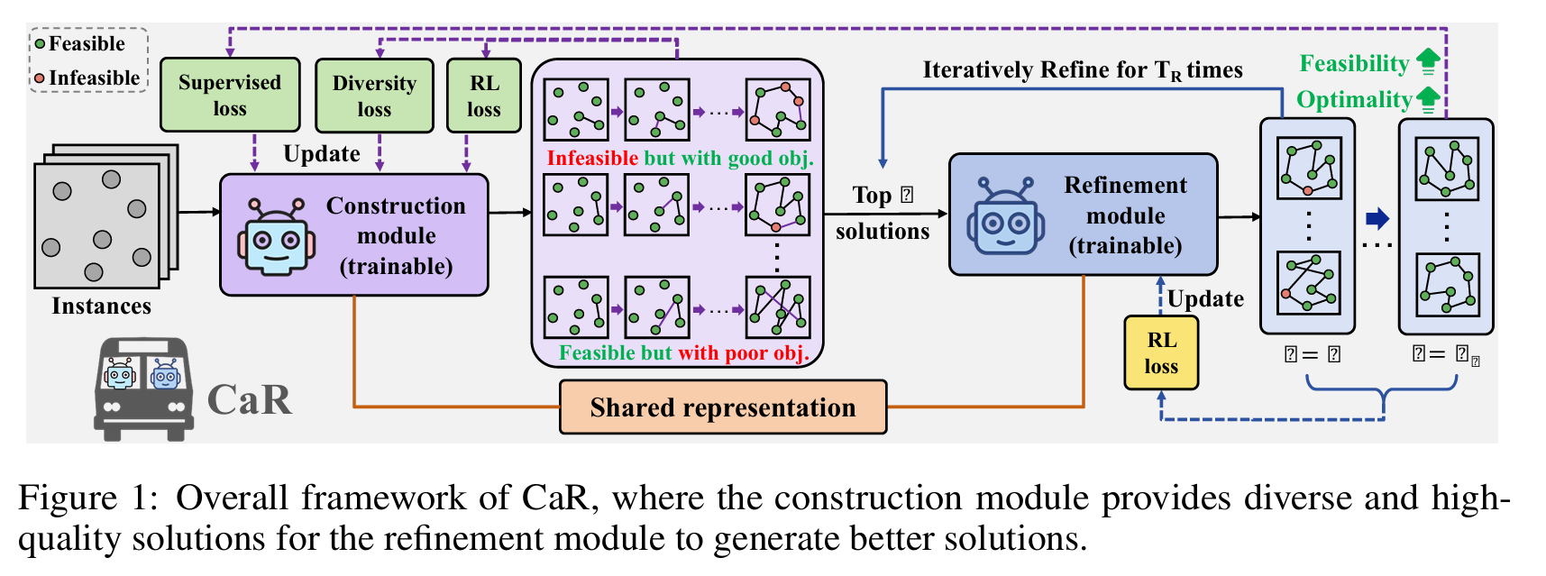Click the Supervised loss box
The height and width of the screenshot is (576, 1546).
point(230,95)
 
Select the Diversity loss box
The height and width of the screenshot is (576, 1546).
point(374,96)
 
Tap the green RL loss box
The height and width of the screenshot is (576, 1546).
point(484,96)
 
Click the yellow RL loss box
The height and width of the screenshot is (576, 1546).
point(1161,352)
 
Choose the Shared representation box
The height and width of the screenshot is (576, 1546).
point(723,407)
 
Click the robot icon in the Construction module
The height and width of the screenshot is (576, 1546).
point(276,236)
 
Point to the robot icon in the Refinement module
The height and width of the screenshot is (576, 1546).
point(1005,216)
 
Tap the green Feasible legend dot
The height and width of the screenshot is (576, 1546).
point(40,44)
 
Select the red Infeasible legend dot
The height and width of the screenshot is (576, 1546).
point(40,78)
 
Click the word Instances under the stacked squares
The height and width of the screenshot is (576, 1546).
point(101,306)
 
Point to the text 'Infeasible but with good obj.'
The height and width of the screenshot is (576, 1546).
point(680,159)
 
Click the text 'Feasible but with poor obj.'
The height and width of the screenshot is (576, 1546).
point(683,353)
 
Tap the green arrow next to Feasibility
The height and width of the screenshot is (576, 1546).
point(1428,62)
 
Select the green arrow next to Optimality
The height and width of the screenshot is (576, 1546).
point(1428,99)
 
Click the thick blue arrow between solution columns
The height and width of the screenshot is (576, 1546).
point(1377,218)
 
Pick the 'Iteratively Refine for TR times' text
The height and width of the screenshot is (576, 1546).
point(1082,70)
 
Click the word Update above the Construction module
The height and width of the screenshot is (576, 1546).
point(322,154)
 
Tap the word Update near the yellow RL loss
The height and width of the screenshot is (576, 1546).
point(1205,298)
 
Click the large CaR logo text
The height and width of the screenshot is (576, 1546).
point(250,399)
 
